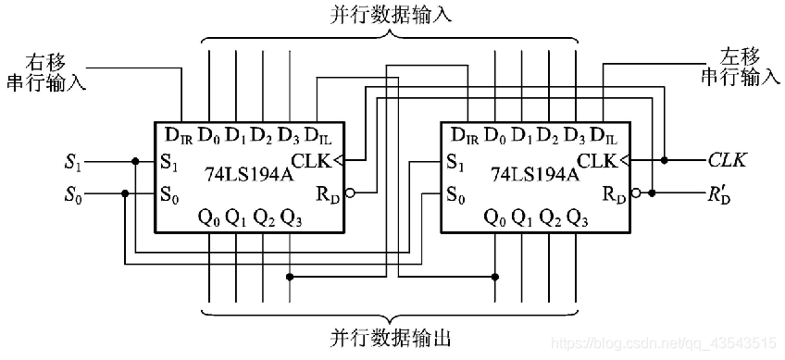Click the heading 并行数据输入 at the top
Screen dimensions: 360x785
tap(392, 16)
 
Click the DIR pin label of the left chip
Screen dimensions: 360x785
tap(179, 135)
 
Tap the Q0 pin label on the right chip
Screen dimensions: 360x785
tap(495, 218)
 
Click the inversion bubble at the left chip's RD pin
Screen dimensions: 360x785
tap(349, 194)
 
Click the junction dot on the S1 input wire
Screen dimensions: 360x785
tap(135, 161)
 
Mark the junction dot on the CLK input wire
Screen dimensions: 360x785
tap(665, 160)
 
